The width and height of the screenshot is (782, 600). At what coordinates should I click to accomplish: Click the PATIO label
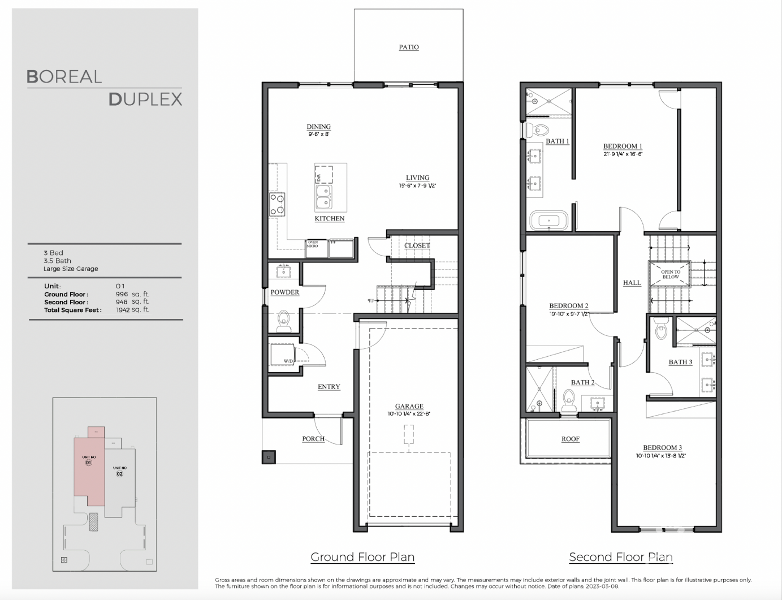(409, 47)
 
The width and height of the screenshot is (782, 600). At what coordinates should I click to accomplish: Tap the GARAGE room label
(409, 406)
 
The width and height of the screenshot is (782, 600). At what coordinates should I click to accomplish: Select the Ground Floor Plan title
(362, 557)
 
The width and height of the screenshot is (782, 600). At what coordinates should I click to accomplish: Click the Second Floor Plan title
(621, 557)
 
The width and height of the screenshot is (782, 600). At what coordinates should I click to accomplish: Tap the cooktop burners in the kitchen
(277, 204)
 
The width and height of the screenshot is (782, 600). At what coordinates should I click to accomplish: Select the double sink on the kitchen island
(323, 197)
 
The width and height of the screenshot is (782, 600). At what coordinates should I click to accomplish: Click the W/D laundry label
(288, 361)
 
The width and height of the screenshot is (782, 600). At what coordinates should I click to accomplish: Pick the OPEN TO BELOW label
(671, 274)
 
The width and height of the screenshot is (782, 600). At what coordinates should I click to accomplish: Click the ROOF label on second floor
(570, 439)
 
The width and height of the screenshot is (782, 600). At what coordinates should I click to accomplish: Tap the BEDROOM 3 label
(662, 447)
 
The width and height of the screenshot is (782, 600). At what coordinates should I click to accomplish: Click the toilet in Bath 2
(569, 400)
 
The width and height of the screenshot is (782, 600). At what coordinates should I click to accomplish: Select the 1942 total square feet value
(122, 310)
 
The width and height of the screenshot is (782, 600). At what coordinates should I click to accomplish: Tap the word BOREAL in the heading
(64, 77)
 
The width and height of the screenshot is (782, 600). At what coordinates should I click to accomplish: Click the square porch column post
(269, 457)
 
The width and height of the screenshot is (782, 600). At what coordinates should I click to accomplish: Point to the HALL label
(632, 283)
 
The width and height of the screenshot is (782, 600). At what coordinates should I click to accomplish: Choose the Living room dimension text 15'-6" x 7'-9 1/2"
(417, 185)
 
